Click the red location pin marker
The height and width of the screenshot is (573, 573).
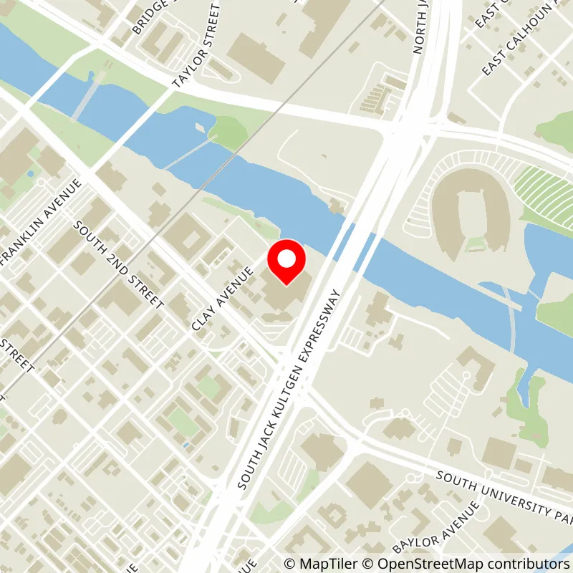pos(286,262)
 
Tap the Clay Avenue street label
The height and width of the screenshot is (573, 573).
pos(224,299)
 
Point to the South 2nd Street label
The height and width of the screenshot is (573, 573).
pos(120,264)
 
